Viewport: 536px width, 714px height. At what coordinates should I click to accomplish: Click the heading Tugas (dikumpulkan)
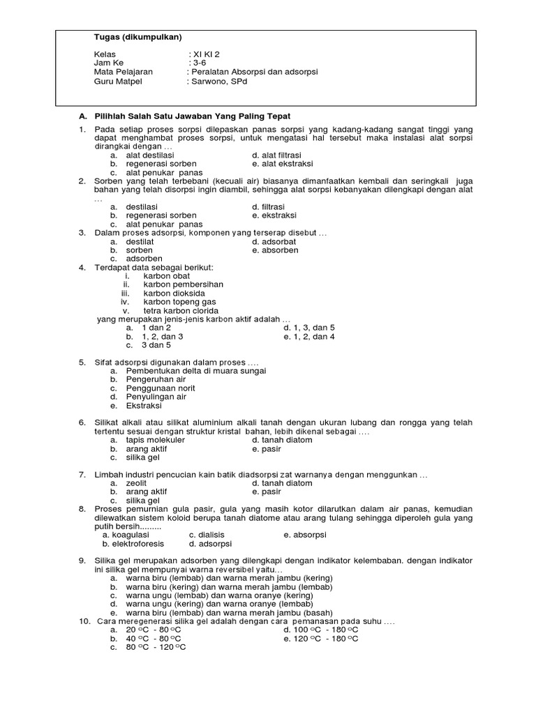[x=133, y=37]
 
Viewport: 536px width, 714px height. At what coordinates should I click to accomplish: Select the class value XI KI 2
[x=209, y=54]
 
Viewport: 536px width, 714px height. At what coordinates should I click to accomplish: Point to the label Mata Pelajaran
[x=124, y=72]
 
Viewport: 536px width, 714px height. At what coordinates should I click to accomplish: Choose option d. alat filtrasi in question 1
[x=278, y=155]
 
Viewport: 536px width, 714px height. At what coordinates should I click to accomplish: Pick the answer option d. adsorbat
[x=275, y=241]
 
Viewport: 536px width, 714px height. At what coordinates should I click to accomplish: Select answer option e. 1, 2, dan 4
[x=309, y=336]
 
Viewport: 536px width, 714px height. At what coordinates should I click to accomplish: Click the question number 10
[x=83, y=621]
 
